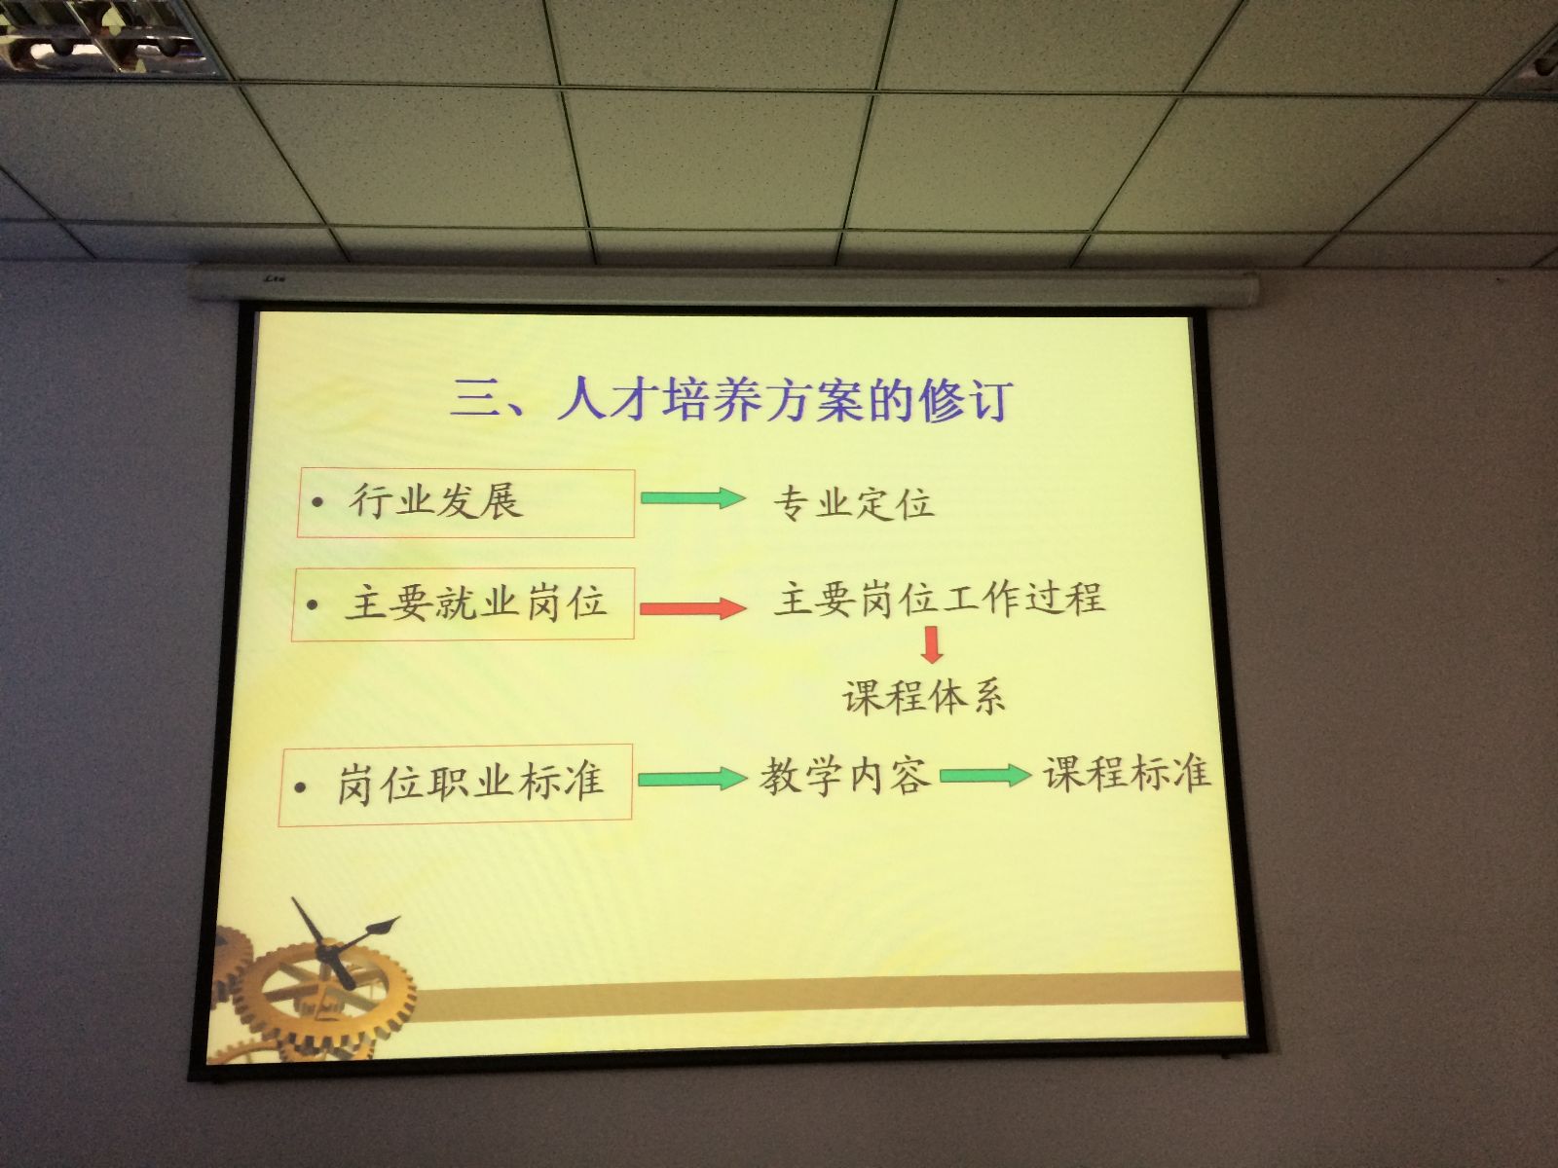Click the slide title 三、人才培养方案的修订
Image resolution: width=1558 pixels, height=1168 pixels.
tap(730, 400)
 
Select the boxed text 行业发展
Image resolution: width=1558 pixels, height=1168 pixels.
tap(436, 502)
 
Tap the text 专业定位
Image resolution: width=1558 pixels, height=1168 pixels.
tap(853, 503)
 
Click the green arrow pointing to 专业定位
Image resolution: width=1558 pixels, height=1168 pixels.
tap(692, 497)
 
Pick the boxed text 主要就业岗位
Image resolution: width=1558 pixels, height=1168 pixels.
tap(476, 603)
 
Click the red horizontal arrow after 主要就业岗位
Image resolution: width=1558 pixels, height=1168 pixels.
tap(692, 607)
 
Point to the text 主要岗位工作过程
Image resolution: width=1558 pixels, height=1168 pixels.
tap(939, 597)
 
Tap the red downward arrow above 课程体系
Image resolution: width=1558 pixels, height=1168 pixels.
tap(932, 644)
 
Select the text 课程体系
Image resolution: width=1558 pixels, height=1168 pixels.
tap(923, 696)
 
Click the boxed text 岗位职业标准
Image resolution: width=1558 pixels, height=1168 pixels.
tap(470, 783)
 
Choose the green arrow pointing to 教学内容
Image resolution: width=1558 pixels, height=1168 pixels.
tap(692, 779)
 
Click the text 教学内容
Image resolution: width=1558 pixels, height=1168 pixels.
tap(844, 776)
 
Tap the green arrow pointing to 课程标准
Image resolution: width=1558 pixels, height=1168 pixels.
tap(985, 775)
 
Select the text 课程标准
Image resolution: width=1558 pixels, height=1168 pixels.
tap(1127, 773)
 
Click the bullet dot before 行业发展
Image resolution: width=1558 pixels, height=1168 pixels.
tap(317, 503)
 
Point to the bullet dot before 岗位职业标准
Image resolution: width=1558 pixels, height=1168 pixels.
tap(300, 787)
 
